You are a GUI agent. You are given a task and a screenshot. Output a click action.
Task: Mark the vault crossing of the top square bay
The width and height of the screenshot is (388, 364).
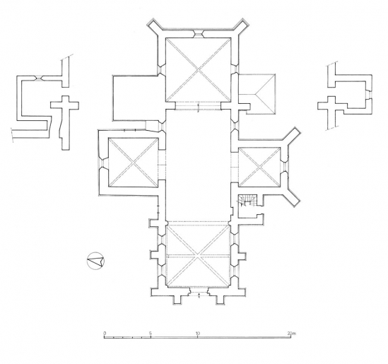click(x=197, y=70)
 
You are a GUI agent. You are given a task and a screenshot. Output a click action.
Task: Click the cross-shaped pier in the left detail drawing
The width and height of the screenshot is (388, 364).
click(x=67, y=108)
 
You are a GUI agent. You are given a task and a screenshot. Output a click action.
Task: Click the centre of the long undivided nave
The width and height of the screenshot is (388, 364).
click(x=197, y=163)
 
